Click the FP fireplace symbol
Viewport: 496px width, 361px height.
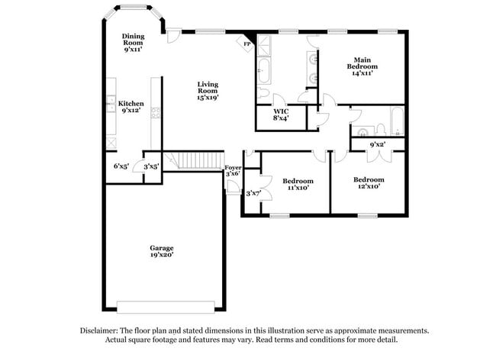[x=247, y=44]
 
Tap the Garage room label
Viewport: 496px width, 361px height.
[x=161, y=251]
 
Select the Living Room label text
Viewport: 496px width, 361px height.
[x=208, y=91]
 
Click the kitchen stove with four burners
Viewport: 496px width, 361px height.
[x=156, y=114]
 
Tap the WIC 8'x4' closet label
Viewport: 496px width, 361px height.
[x=281, y=114]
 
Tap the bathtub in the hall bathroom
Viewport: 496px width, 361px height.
[x=398, y=121]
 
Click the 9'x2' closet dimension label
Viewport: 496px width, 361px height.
[x=377, y=143]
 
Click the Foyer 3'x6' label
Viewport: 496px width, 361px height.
[x=233, y=170]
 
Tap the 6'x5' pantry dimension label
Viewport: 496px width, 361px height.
[x=121, y=166]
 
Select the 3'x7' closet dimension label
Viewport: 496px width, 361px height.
[x=253, y=193]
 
